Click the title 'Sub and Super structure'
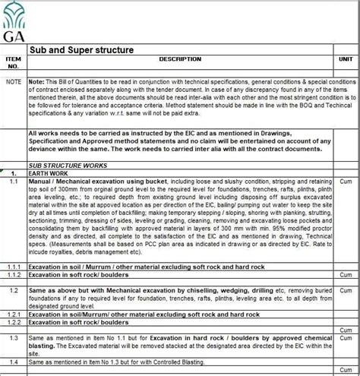[81, 50]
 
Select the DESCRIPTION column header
[179, 59]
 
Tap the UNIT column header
[345, 59]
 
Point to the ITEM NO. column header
[14, 62]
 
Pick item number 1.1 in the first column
[14, 182]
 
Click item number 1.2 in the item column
[14, 291]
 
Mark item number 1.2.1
[14, 313]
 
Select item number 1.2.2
[14, 322]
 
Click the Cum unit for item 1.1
[345, 182]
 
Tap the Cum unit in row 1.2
[345, 291]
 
